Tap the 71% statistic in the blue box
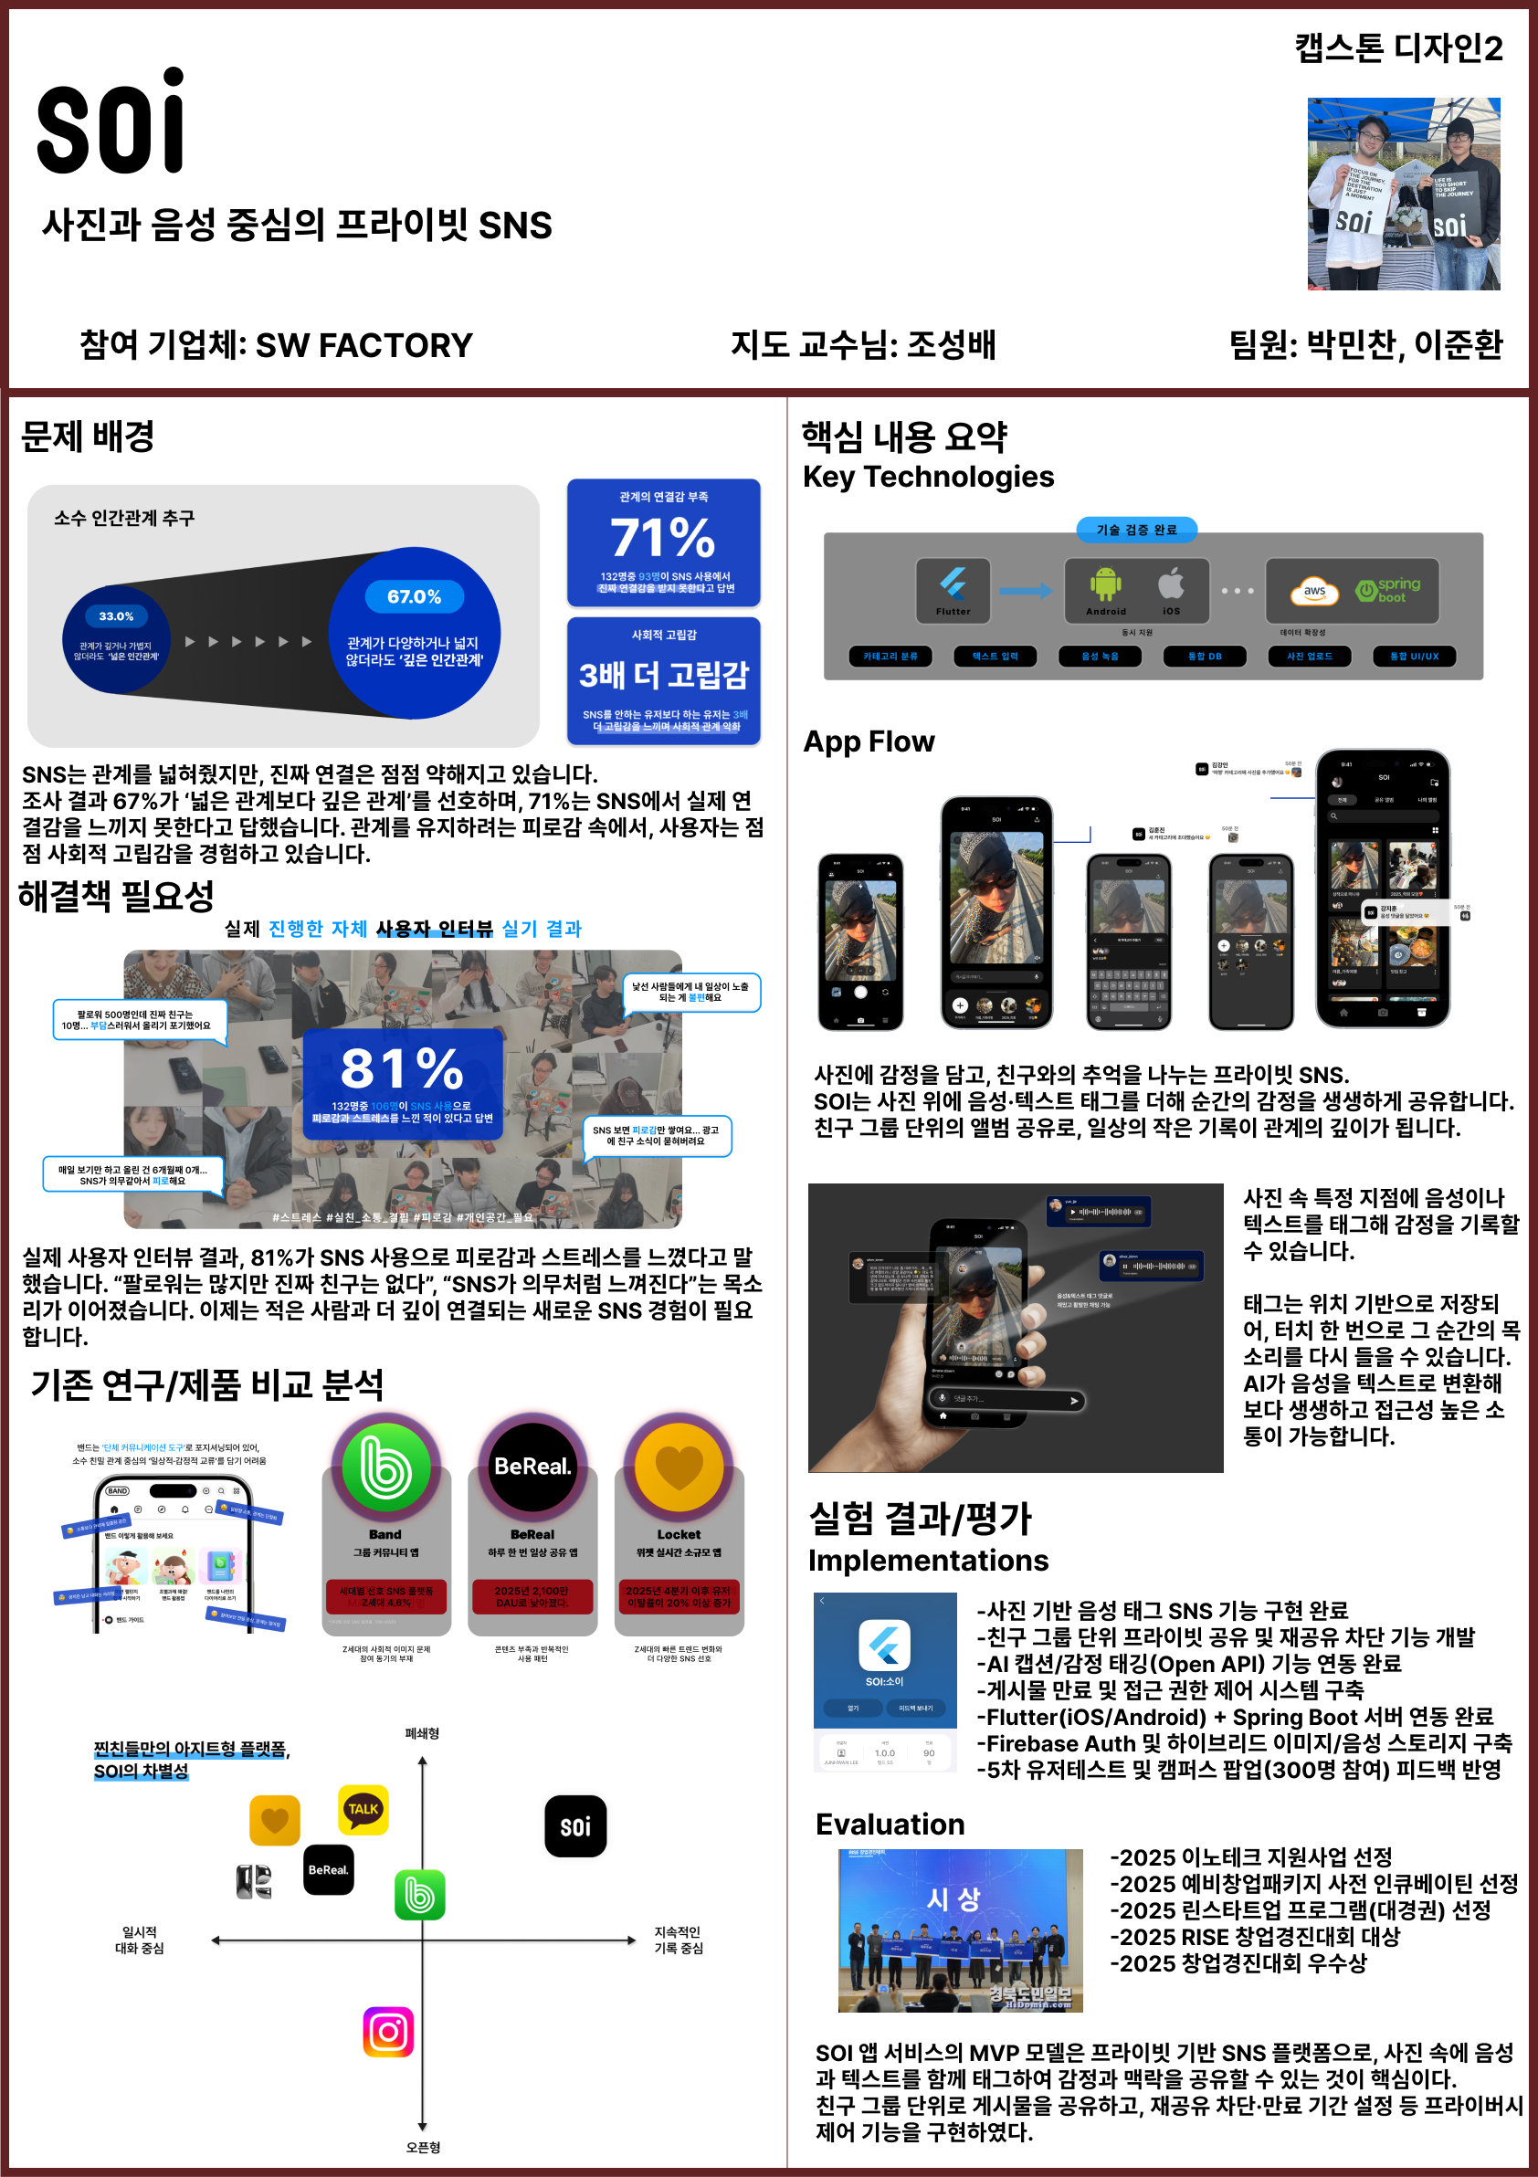pos(662,538)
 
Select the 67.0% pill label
pos(415,596)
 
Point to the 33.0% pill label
pos(117,616)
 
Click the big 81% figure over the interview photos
pos(402,1068)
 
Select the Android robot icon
pos(1106,584)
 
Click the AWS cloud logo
pos(1314,592)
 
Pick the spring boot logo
pos(1388,590)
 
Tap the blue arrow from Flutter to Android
pos(1025,591)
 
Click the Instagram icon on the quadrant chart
pos(388,2031)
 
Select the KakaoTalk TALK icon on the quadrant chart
pos(363,1808)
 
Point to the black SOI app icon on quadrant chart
pos(574,1825)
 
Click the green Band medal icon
pos(385,1467)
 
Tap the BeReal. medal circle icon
pos(532,1467)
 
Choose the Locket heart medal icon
pos(679,1467)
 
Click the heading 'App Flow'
pos(869,741)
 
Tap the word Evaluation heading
pos(890,1825)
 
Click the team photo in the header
pos(1403,194)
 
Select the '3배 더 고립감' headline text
pos(663,675)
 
